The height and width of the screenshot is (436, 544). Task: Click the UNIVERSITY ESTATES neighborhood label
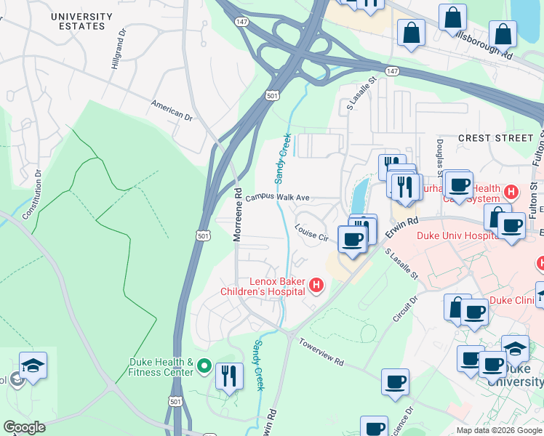tap(81, 21)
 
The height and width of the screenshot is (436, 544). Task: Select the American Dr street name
tap(172, 110)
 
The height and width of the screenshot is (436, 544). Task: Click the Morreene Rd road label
tap(237, 214)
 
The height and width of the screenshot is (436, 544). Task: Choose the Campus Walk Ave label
tap(278, 198)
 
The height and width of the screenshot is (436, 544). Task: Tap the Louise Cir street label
tap(312, 233)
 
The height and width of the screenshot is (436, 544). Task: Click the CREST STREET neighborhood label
tap(495, 137)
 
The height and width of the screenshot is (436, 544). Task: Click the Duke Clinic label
tap(513, 299)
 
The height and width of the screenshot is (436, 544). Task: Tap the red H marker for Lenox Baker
tap(316, 286)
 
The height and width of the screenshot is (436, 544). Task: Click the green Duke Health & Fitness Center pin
tap(204, 367)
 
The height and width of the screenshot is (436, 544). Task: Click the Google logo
tap(24, 427)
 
